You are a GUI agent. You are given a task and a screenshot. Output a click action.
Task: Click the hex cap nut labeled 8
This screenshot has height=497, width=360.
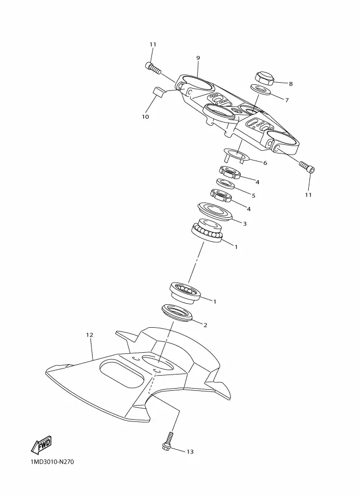coord(265,78)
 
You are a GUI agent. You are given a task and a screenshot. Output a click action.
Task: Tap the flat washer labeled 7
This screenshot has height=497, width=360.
coord(261,90)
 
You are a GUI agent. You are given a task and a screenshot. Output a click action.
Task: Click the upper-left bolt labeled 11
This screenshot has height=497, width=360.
coord(153,68)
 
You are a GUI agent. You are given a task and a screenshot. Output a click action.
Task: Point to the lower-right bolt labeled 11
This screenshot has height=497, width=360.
coord(307,167)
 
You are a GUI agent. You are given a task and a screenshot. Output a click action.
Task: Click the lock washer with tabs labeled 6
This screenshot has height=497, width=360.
coord(235,155)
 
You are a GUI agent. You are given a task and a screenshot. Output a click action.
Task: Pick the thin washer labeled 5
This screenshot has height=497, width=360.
coord(225,183)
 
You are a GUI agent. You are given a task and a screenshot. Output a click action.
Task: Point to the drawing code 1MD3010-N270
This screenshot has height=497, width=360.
coord(52,462)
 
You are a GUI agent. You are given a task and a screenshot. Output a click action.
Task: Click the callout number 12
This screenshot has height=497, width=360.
coord(90,335)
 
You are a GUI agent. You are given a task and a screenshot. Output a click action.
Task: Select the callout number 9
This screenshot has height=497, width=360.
coord(198,58)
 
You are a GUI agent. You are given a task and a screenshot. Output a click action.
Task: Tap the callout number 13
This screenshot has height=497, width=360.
coord(190,451)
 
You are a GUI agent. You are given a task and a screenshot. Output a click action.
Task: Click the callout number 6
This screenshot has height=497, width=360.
coord(265,163)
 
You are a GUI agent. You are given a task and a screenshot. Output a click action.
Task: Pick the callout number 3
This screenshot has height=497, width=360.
coord(245,224)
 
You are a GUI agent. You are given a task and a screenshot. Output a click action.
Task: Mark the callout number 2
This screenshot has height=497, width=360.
coord(205,325)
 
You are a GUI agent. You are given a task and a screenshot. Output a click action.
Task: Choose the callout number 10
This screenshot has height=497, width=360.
coord(145,116)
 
